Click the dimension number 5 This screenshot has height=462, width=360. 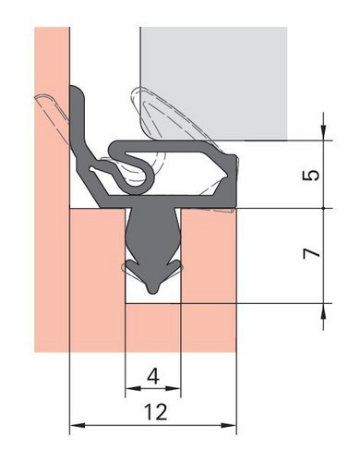coord(311,175)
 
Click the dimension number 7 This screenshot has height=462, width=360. coord(311,253)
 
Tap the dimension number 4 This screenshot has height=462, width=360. coord(153,376)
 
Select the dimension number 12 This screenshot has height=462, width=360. coord(156,411)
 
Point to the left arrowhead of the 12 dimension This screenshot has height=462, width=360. coord(78,425)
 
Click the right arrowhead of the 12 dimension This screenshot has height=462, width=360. coord(229,425)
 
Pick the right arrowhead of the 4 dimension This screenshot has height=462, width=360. coord(173,388)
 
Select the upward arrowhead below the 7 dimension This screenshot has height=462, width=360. coord(323,311)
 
